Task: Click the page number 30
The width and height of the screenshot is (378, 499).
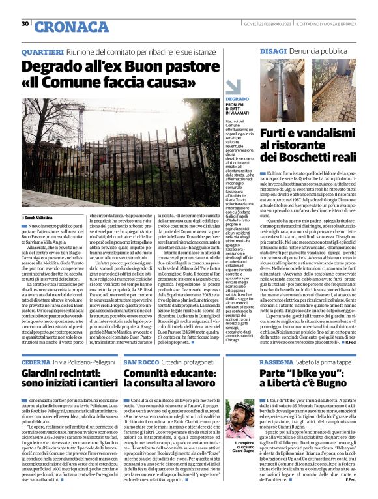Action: tap(25, 24)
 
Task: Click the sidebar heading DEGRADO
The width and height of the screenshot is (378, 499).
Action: tap(219, 98)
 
